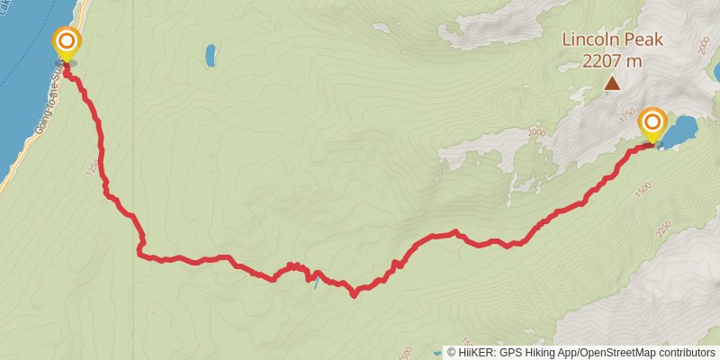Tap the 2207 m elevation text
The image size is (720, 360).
click(612, 61)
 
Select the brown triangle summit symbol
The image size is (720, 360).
click(612, 84)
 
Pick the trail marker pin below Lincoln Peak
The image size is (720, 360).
click(652, 125)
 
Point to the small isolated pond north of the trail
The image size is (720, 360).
click(210, 56)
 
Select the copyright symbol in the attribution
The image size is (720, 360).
click(451, 352)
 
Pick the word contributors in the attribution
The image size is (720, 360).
click(688, 352)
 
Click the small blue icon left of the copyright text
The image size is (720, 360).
click(437, 352)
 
